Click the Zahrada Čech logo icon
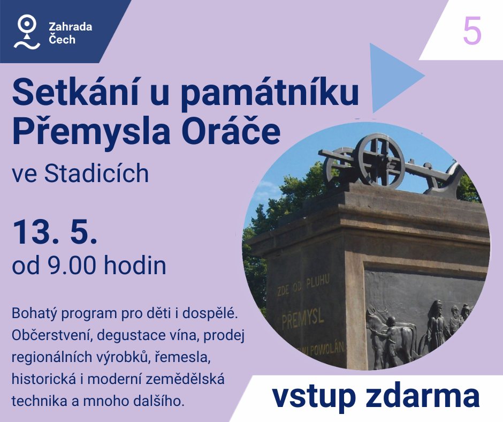[27, 32]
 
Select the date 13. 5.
[55, 232]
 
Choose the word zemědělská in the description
[185, 379]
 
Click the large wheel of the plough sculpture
[380, 161]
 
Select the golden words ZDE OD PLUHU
[303, 287]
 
